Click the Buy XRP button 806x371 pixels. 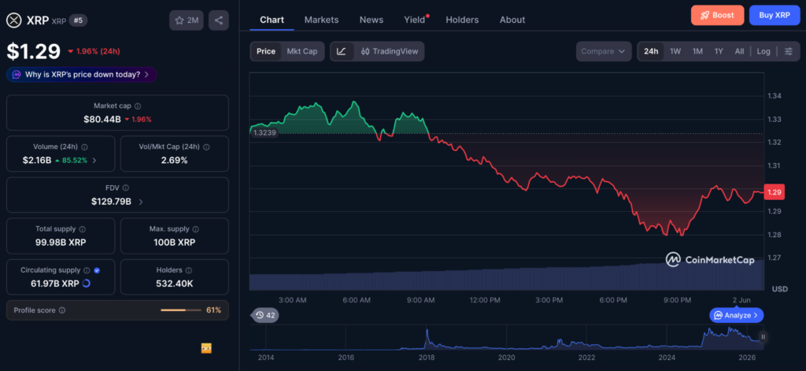[x=775, y=16]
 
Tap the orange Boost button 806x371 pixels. [x=717, y=16]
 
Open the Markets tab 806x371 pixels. [x=321, y=20]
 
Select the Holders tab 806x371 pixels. [x=462, y=20]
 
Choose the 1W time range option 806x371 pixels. [x=675, y=51]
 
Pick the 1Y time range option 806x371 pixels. [x=719, y=51]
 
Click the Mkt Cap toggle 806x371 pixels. [x=302, y=51]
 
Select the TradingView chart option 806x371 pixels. [x=390, y=51]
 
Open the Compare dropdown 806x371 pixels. [x=604, y=51]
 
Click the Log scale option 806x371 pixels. [x=763, y=51]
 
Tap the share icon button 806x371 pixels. [x=219, y=20]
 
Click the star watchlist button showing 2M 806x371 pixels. [x=187, y=20]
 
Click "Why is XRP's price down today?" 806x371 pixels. [x=82, y=75]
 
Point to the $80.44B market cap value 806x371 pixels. [x=102, y=120]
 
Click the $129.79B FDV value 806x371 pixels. [x=111, y=201]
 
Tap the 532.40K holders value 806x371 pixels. [x=175, y=284]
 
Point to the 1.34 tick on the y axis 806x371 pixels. [x=775, y=96]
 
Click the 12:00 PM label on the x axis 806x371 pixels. [x=485, y=300]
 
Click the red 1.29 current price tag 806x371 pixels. [x=775, y=192]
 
